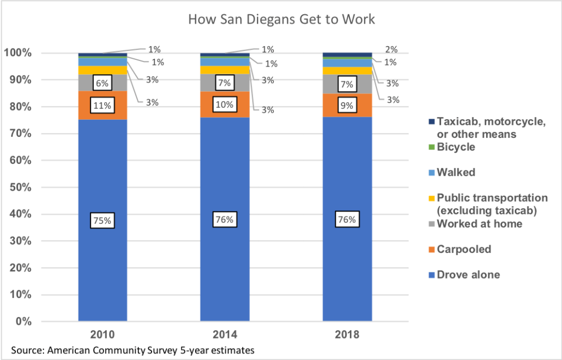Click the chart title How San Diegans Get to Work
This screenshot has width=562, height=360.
coord(281,20)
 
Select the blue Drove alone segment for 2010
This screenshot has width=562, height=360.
coord(103,264)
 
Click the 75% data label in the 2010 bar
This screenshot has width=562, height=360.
coord(103,220)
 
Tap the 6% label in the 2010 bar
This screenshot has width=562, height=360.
coord(103,83)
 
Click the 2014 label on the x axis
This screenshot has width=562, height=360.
coord(225,335)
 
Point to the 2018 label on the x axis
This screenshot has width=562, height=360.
coord(347,335)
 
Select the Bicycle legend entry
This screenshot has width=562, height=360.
coord(455,147)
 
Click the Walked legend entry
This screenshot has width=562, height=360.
coord(455,173)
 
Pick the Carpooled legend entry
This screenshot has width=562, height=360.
coord(463,250)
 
